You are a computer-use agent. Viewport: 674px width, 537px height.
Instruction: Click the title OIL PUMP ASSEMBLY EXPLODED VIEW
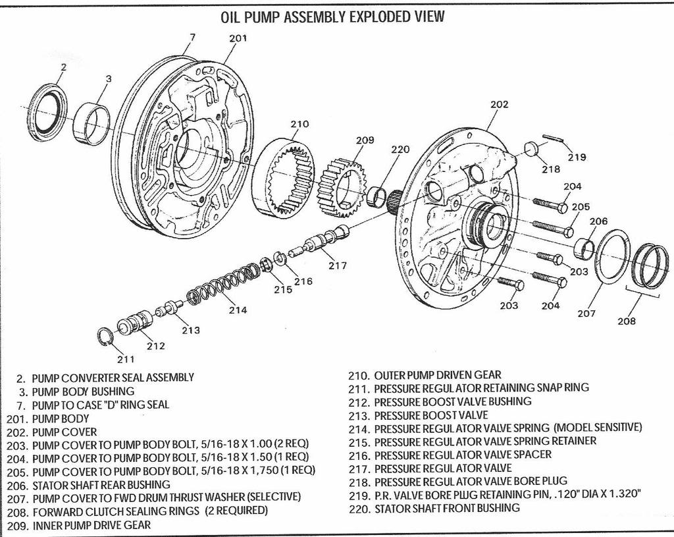click(x=332, y=16)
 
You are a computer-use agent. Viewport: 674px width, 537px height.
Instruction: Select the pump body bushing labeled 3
click(x=91, y=124)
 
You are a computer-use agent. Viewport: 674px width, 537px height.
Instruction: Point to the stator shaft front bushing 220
click(x=377, y=196)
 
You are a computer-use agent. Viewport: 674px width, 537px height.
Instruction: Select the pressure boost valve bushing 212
click(x=135, y=322)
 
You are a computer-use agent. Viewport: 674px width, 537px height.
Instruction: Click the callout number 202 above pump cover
click(x=499, y=104)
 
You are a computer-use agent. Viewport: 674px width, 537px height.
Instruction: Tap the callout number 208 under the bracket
click(x=627, y=321)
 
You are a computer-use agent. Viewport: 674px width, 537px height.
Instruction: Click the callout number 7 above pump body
click(x=192, y=38)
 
